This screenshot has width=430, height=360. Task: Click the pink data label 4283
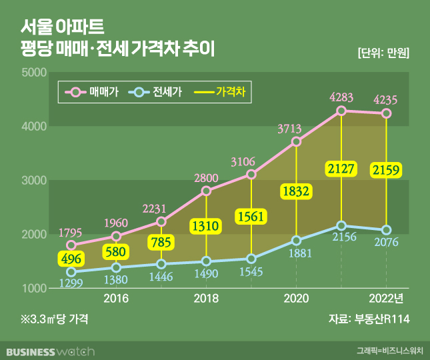point(341,97)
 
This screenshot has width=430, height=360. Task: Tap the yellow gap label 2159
point(386,170)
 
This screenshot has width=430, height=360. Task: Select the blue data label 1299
point(71,283)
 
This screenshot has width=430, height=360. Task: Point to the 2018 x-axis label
point(206,299)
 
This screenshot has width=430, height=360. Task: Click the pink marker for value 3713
point(297,141)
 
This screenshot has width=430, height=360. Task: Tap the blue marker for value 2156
point(341,226)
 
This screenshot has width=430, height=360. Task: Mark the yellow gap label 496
point(71,259)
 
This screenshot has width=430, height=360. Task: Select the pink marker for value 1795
point(71,245)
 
